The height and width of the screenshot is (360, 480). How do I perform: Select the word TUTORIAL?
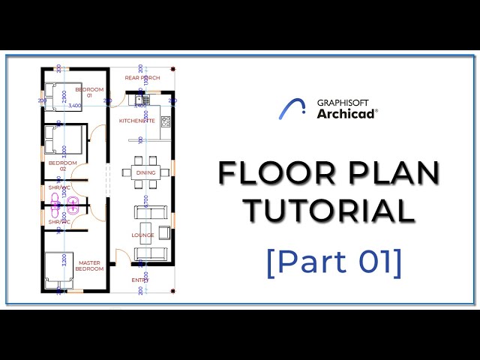pyautogui.click(x=328, y=210)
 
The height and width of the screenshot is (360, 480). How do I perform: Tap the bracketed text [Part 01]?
pyautogui.click(x=334, y=262)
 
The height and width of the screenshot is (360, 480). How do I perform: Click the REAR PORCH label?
pyautogui.click(x=142, y=77)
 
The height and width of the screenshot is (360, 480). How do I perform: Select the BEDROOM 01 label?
pyautogui.click(x=94, y=92)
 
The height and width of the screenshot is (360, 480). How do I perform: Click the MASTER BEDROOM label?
pyautogui.click(x=90, y=265)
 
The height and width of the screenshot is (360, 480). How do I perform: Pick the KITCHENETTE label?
pyautogui.click(x=137, y=120)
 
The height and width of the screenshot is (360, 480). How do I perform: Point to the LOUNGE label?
pyautogui.click(x=143, y=235)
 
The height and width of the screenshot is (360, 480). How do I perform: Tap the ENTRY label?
pyautogui.click(x=141, y=280)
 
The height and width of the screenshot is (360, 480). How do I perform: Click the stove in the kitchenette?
pyautogui.click(x=166, y=121)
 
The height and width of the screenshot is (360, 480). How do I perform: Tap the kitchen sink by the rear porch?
pyautogui.click(x=141, y=99)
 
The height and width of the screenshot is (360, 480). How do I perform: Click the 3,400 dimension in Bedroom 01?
pyautogui.click(x=75, y=106)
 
